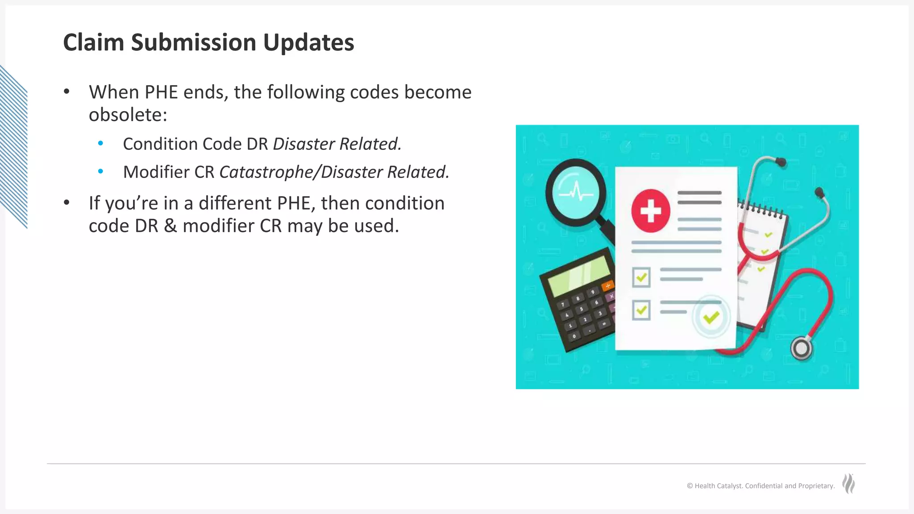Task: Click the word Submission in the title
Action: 193,42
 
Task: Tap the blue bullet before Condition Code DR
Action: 100,143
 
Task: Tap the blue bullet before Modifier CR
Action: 100,171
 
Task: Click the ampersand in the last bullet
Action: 170,226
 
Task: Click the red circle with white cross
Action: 651,211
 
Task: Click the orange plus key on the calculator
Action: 607,286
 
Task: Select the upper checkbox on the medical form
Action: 641,278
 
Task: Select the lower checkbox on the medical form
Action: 641,310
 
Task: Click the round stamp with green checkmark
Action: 711,317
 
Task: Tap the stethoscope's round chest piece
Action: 801,348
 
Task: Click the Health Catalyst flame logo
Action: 848,484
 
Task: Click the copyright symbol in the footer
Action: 690,486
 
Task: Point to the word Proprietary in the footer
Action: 816,486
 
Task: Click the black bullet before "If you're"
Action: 67,203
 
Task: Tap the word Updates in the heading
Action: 308,42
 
